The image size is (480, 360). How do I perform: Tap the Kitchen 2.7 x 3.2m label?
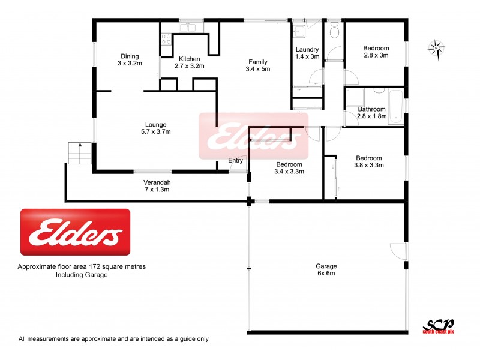189,62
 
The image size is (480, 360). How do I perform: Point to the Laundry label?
307,53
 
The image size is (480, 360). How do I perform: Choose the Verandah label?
156,185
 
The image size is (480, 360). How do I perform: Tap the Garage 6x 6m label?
326,269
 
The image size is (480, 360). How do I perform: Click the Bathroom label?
371,113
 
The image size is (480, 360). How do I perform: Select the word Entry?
236,160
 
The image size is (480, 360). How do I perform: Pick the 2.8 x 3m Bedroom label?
376,52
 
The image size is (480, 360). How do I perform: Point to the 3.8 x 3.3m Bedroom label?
368,161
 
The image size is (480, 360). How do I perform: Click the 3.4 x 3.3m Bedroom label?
289,167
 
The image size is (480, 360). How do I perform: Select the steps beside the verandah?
78,153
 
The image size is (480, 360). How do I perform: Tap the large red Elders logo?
76,232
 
